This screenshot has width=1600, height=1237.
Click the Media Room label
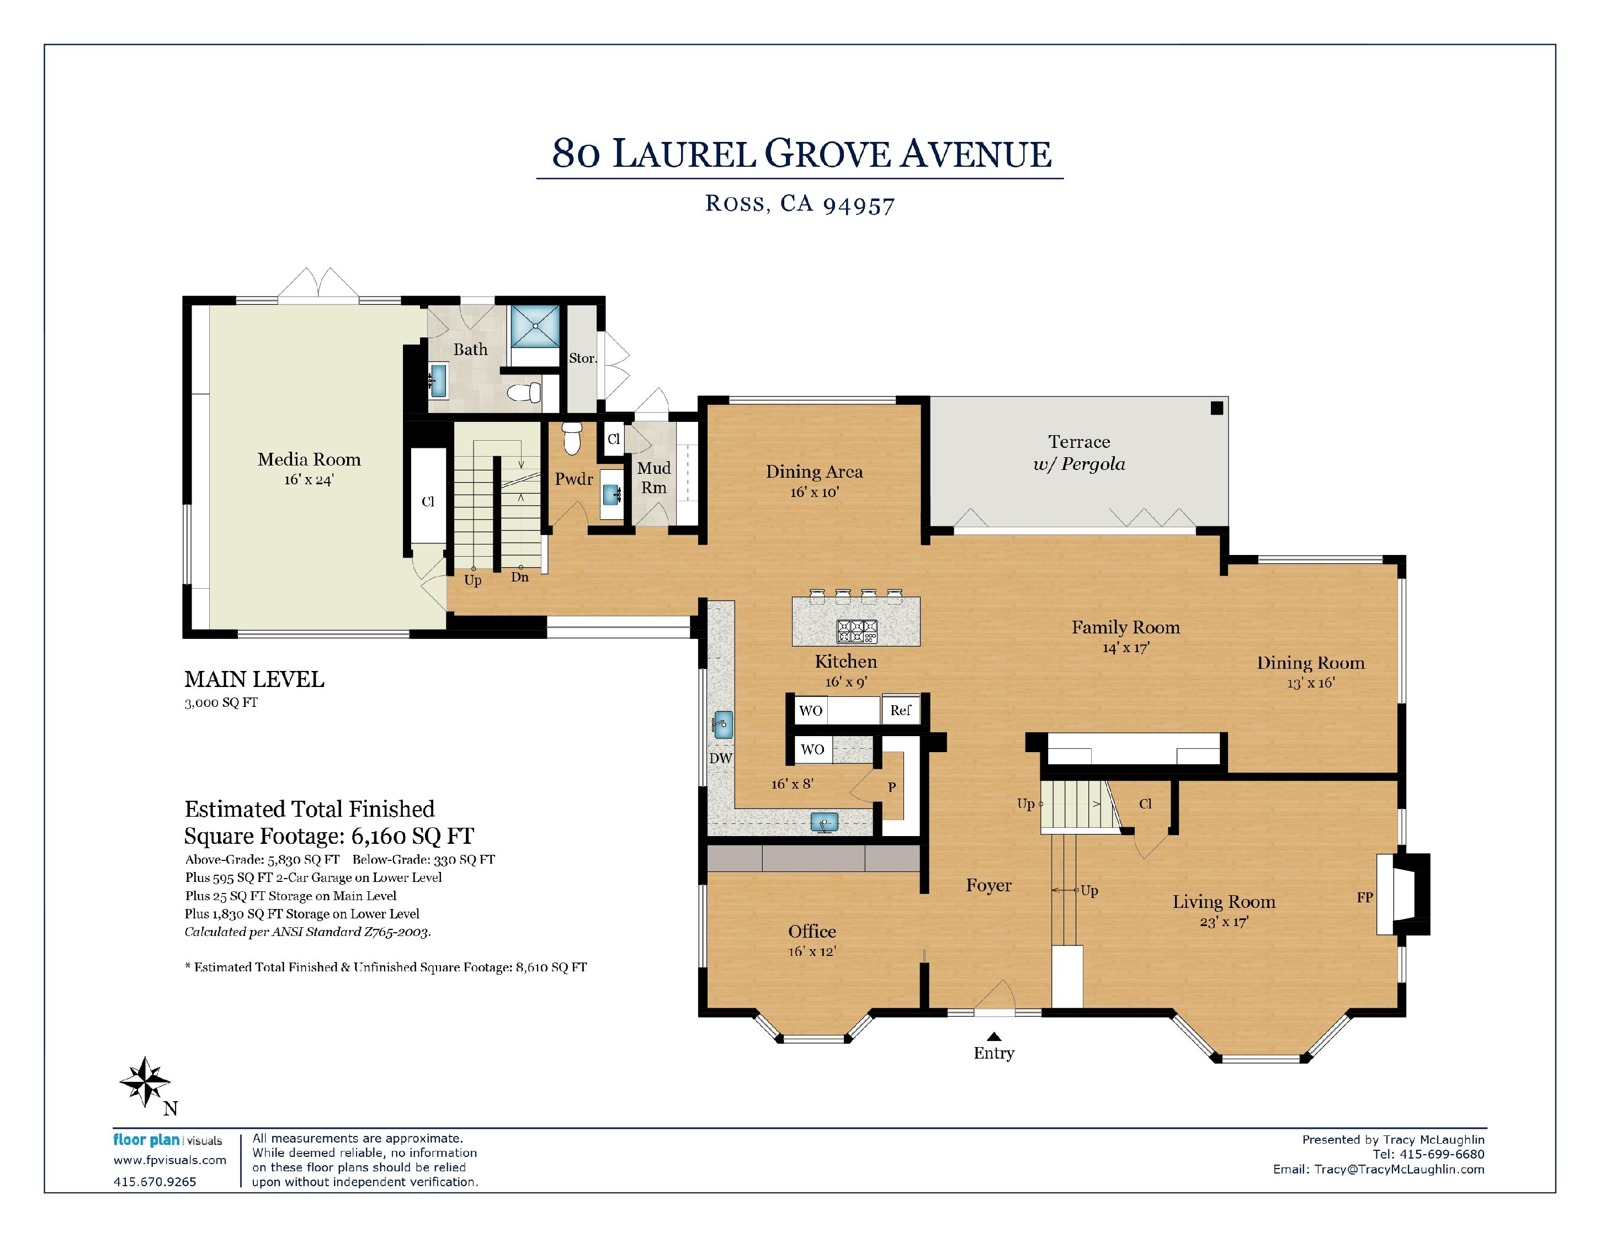pyautogui.click(x=309, y=459)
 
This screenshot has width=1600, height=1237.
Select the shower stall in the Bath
pyautogui.click(x=535, y=326)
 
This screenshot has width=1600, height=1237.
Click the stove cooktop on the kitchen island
pyautogui.click(x=857, y=632)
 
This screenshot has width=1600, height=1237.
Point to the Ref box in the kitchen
pyautogui.click(x=900, y=710)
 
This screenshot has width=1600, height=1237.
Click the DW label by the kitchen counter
pyautogui.click(x=721, y=758)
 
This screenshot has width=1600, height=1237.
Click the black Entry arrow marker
pyautogui.click(x=994, y=1036)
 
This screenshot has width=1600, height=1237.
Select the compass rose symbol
pyautogui.click(x=145, y=1082)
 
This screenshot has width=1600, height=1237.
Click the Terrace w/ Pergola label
pyautogui.click(x=1079, y=453)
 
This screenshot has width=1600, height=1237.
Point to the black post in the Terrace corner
pyautogui.click(x=1217, y=408)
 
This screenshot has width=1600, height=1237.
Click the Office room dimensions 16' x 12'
pyautogui.click(x=812, y=951)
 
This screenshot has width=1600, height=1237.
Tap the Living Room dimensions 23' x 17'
pyautogui.click(x=1224, y=922)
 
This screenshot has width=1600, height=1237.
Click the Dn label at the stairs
pyautogui.click(x=519, y=578)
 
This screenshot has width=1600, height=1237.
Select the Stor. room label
pyautogui.click(x=583, y=358)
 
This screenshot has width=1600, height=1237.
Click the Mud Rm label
pyautogui.click(x=654, y=478)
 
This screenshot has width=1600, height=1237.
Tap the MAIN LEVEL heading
pyautogui.click(x=254, y=679)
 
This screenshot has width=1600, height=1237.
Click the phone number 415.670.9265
pyautogui.click(x=155, y=1181)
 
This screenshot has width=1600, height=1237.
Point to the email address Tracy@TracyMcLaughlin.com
pyautogui.click(x=1399, y=1170)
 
